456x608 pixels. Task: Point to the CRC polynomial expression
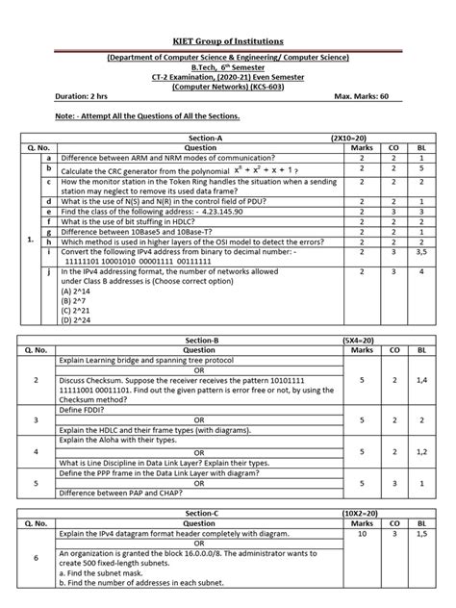tap(249, 166)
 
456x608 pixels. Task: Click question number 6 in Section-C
tap(35, 558)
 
